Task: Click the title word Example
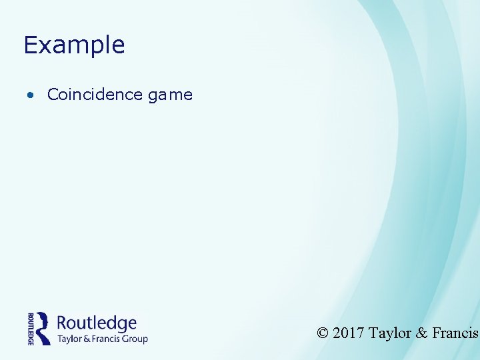coord(74,45)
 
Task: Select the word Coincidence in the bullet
coord(95,95)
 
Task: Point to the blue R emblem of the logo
coord(43,327)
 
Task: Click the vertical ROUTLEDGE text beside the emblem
coord(31,328)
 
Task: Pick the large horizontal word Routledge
coord(97,323)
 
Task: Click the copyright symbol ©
coord(323,333)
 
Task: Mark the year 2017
coord(348,333)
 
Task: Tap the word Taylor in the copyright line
coord(389,333)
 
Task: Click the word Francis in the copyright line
coord(455,333)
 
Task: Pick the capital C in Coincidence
coord(53,95)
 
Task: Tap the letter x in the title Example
coord(45,47)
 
